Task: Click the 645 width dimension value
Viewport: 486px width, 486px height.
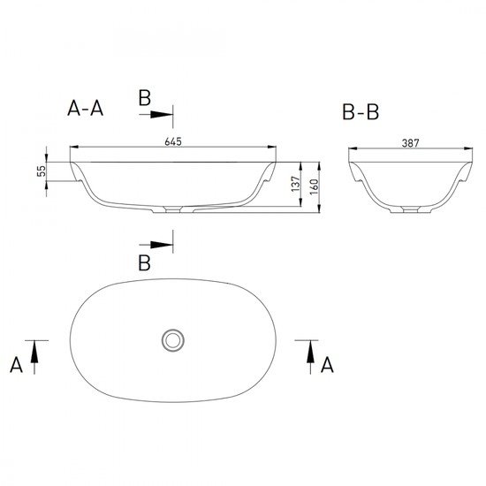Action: (173, 141)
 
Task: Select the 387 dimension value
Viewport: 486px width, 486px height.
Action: (410, 143)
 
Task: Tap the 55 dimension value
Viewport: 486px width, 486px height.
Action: (42, 171)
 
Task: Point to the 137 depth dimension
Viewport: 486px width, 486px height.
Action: (296, 184)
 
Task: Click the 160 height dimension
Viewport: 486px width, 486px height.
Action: (314, 186)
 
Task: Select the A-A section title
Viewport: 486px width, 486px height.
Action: (85, 108)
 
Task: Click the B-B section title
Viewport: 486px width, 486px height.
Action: (361, 112)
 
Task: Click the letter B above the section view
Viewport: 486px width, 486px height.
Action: (144, 97)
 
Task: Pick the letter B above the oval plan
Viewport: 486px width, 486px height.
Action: (144, 262)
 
